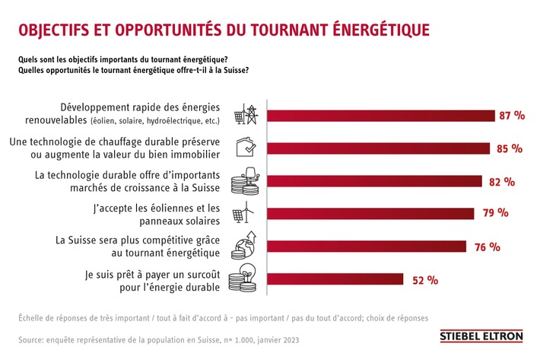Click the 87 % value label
(511, 116)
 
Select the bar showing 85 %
(380, 148)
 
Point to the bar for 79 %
(372, 213)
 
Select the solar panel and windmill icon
(248, 213)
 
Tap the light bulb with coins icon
(248, 279)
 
